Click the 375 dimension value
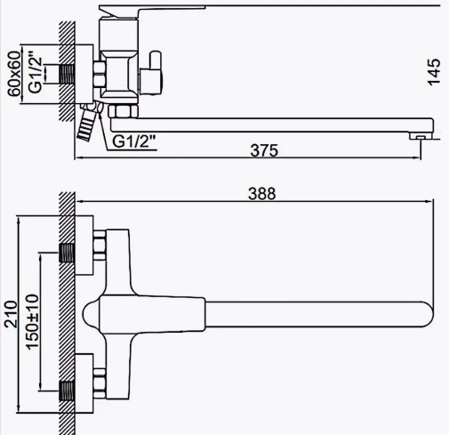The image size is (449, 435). [264, 150]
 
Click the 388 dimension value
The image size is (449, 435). [262, 194]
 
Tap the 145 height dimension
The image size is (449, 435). [434, 72]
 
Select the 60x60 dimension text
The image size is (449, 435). [14, 74]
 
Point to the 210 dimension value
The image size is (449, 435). [11, 314]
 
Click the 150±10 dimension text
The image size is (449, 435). [33, 322]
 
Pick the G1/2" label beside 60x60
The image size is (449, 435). [35, 72]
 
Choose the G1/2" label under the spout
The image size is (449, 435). [134, 141]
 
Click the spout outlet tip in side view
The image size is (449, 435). [421, 136]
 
